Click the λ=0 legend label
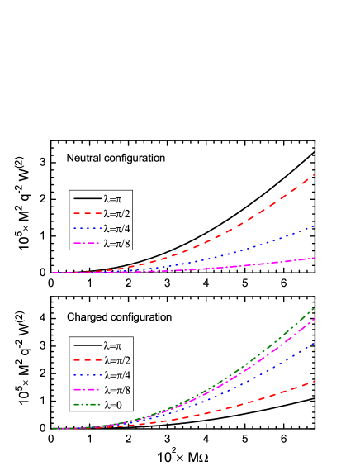point(114,405)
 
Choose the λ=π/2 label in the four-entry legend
point(117,214)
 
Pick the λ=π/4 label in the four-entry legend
point(117,229)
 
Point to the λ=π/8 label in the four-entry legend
point(117,244)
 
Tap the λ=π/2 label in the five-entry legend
point(117,360)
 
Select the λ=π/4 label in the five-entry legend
point(117,375)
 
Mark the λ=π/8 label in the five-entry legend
point(117,390)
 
